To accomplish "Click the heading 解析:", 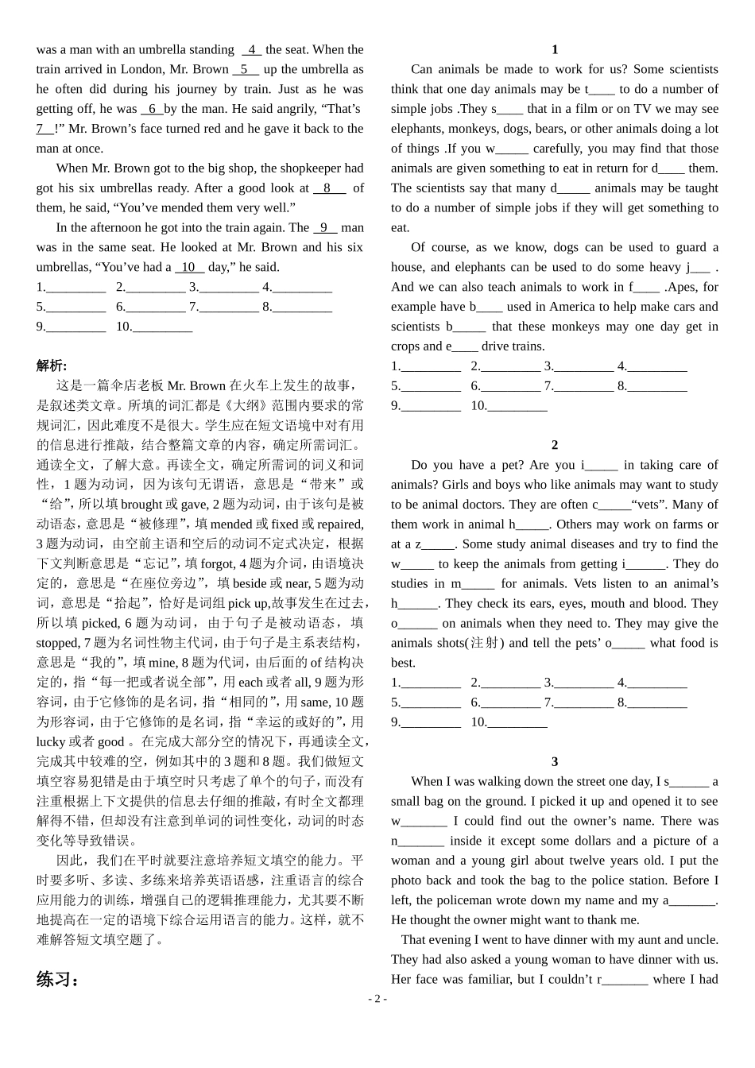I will click(x=52, y=366).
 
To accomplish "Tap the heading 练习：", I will click(x=58, y=979).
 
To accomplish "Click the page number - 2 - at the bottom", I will click(x=377, y=999).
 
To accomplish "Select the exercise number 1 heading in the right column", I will click(x=555, y=49).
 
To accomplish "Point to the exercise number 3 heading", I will click(x=555, y=761).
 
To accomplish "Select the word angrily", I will click(x=295, y=109).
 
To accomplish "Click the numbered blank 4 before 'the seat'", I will click(x=251, y=49).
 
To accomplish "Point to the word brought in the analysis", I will click(x=141, y=504).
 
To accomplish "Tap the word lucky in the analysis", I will click(x=51, y=741).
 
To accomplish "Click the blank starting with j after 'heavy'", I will click(x=699, y=267).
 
